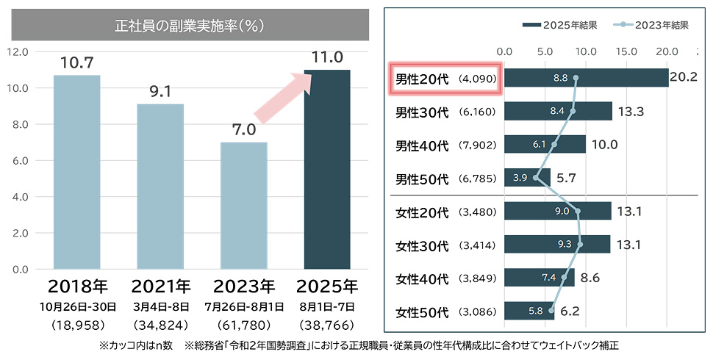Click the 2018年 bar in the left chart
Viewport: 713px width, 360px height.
(76, 173)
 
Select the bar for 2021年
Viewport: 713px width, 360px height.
(160, 187)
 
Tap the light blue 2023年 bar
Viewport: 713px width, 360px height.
(243, 206)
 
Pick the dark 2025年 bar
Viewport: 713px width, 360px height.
(327, 169)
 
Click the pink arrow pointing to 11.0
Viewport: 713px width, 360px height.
(284, 95)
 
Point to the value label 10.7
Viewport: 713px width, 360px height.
(76, 63)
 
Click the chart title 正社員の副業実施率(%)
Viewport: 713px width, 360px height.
(190, 26)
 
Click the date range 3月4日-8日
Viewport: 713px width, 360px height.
(160, 306)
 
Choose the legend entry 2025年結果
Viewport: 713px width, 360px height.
(558, 24)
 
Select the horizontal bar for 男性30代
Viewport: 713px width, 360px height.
(558, 112)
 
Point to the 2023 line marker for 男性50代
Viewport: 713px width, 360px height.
(536, 178)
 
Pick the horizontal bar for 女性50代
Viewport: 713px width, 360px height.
(529, 312)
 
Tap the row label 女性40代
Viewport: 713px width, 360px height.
(422, 279)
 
